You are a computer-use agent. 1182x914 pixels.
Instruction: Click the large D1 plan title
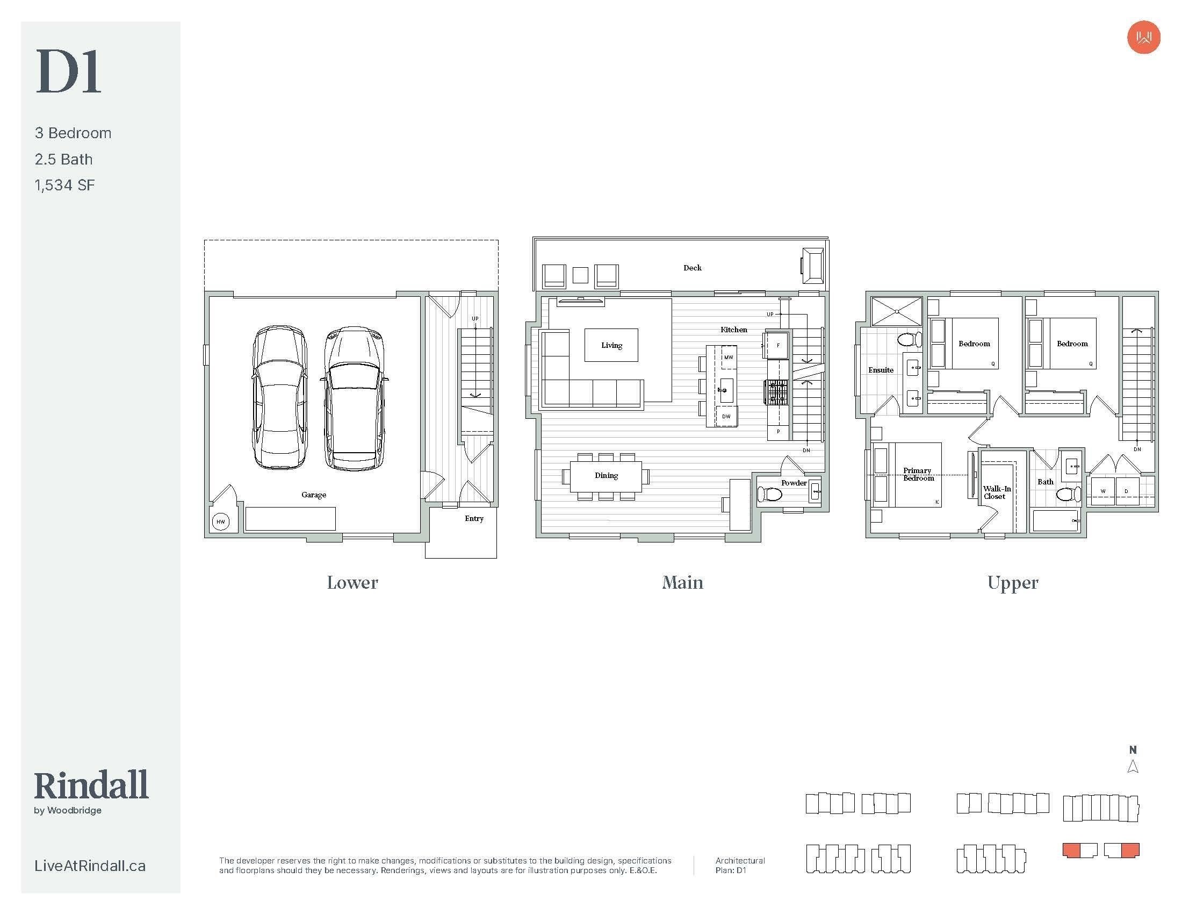point(69,72)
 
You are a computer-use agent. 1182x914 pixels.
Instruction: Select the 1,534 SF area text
point(65,185)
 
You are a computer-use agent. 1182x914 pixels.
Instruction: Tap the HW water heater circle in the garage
point(221,522)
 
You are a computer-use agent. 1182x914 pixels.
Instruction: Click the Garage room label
point(314,494)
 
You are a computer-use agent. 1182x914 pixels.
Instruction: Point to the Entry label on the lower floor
point(474,518)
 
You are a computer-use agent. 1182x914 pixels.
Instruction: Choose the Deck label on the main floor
point(692,268)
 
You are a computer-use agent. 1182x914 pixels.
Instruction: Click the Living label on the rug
point(611,346)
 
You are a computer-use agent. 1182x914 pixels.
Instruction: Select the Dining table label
point(606,475)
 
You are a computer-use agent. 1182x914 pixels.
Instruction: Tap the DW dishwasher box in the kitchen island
point(726,416)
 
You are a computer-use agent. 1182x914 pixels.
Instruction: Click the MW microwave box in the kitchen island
point(729,358)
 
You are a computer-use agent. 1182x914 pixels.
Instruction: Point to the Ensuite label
point(881,370)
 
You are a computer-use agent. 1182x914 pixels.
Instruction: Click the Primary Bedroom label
point(918,474)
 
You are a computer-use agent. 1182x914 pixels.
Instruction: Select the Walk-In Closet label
point(996,492)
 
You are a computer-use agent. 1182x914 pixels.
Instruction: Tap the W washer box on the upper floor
point(1103,491)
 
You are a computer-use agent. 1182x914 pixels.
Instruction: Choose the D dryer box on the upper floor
point(1127,491)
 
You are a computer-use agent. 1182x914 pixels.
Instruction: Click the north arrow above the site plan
point(1133,767)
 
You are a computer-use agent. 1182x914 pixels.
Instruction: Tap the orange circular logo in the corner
point(1143,37)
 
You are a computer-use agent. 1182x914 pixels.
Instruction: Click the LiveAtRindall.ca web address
point(90,866)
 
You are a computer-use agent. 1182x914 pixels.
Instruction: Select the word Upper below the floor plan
point(1013,583)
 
